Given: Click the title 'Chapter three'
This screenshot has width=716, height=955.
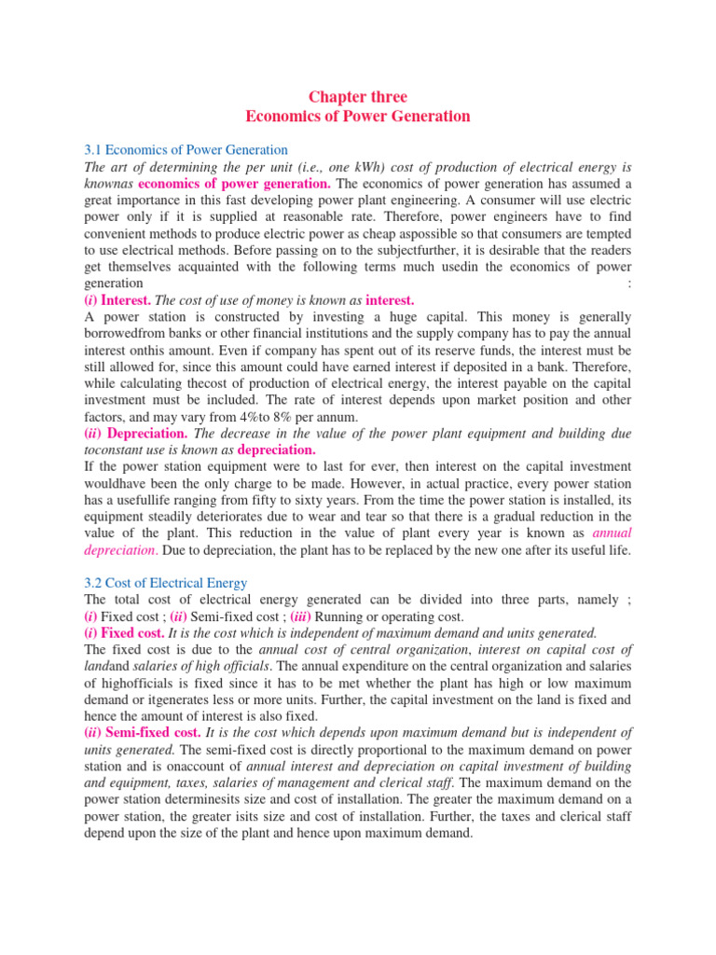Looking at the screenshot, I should click(x=358, y=97).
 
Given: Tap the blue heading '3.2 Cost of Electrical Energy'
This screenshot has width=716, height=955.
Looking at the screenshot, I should click(x=165, y=583).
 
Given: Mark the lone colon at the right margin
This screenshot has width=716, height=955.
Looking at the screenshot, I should click(x=631, y=284).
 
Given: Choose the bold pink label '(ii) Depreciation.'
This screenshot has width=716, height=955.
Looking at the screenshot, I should click(x=136, y=434).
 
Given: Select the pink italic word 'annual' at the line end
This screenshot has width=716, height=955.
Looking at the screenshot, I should click(x=612, y=533).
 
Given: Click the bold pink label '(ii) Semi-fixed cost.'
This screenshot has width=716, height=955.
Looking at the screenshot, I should click(x=143, y=733).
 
